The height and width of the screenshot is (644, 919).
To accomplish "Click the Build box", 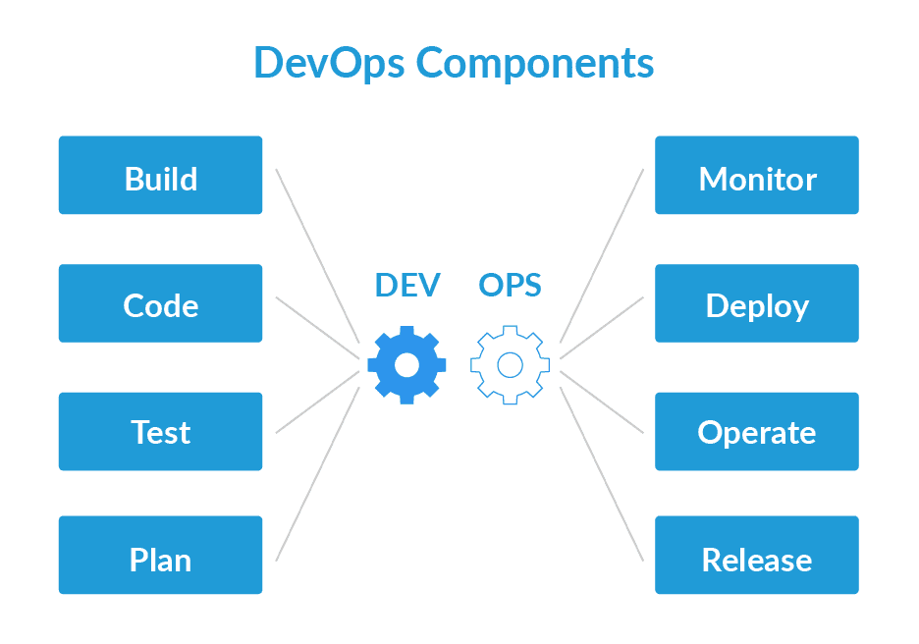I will point(160,175).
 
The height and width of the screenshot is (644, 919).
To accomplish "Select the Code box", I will point(160,303).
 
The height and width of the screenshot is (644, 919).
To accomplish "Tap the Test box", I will point(160,431).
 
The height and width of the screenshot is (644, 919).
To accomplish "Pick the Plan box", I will point(160,556).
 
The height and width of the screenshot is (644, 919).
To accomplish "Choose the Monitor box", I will point(757,175).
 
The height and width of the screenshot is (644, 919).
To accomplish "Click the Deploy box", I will point(757,303).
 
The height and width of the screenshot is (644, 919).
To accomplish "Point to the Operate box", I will point(757,431).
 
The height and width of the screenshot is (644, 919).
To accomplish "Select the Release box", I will point(757,556).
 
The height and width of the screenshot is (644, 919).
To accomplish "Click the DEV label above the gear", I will point(407,285).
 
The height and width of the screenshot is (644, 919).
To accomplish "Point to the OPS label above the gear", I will point(510,285).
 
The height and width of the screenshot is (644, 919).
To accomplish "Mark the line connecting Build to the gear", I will point(316,254).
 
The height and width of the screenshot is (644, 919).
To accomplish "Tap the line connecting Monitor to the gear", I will point(602,254).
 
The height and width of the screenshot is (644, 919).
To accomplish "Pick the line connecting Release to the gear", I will point(602,474).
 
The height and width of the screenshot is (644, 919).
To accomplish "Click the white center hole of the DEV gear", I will point(406,365).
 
